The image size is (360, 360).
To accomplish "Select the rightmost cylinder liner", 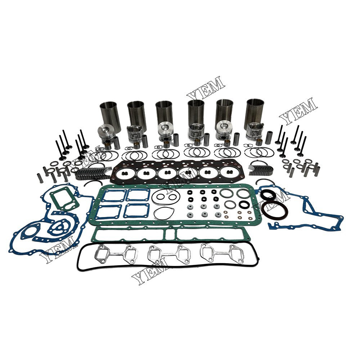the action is click(254, 112).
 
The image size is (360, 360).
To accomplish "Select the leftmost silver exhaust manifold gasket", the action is click(116, 255).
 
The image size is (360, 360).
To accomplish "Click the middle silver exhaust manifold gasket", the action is click(169, 255).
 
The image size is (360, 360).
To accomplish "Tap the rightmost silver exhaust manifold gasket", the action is click(222, 253).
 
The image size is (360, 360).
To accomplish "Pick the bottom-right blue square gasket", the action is click(136, 211).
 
